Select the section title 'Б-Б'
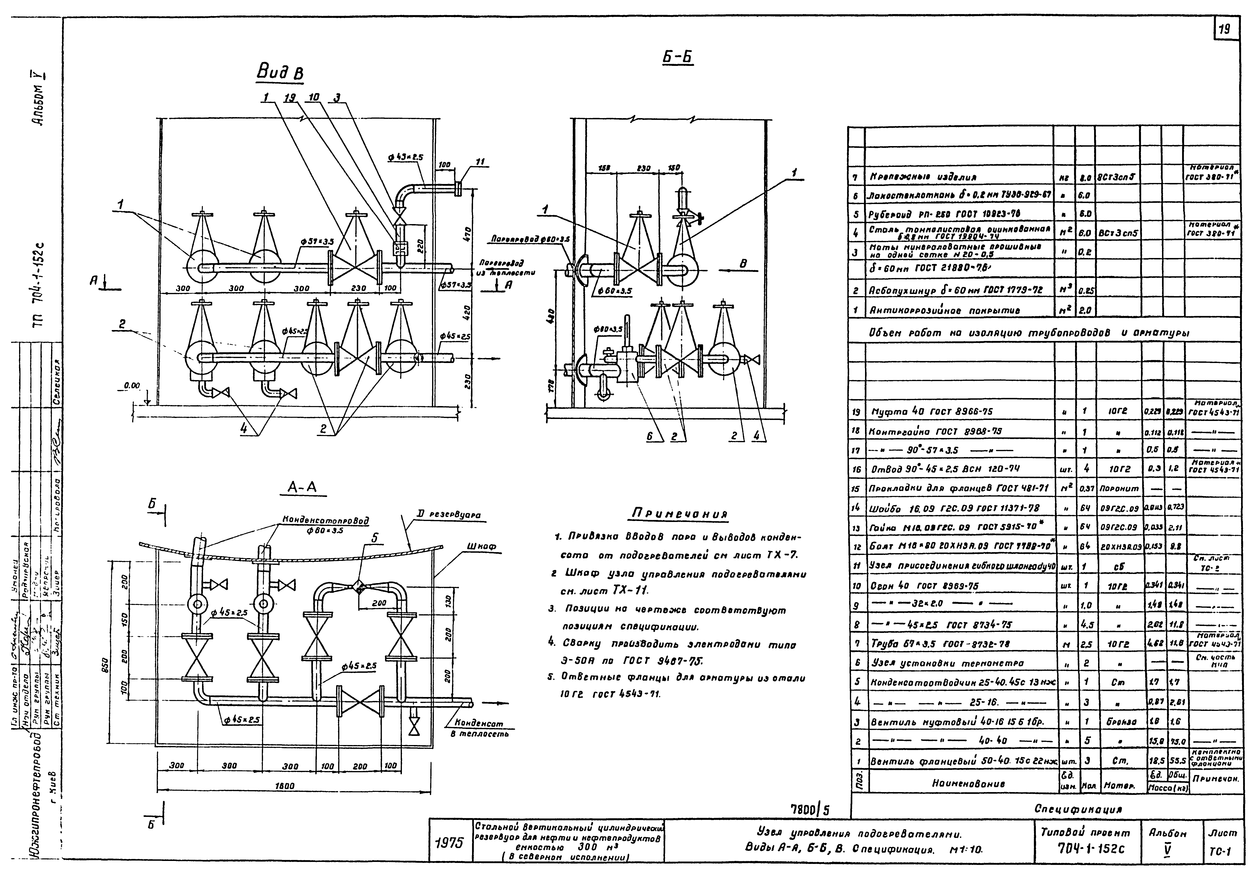[677, 57]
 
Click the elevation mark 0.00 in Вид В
[132, 386]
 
